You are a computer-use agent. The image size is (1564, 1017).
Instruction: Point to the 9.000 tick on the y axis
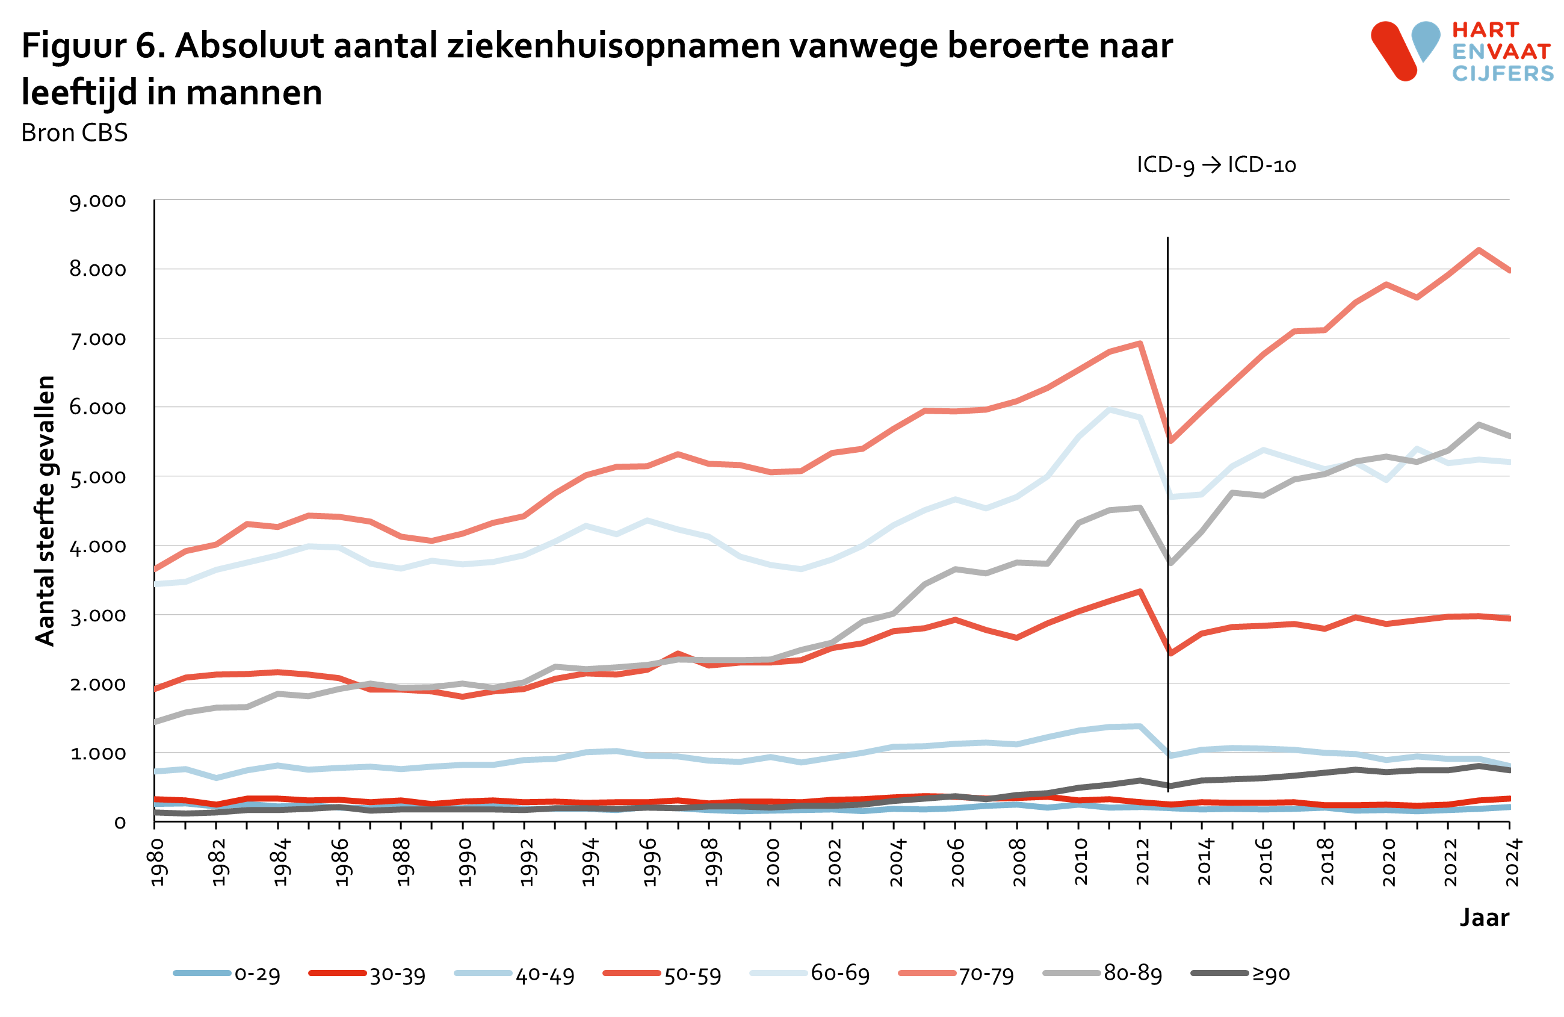click(x=98, y=201)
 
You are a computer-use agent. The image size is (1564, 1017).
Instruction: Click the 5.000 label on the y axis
click(x=98, y=477)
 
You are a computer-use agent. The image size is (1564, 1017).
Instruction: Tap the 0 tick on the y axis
click(x=120, y=823)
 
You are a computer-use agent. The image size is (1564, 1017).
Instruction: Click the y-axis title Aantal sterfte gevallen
click(x=45, y=511)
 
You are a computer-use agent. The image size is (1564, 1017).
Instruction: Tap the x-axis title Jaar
click(x=1485, y=917)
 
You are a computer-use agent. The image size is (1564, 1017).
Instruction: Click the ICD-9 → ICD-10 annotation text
click(x=1216, y=164)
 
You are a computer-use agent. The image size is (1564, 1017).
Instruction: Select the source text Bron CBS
click(x=74, y=133)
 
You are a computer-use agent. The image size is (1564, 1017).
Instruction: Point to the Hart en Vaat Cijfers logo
click(x=1462, y=51)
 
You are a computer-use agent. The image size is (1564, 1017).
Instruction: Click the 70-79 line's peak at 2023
click(x=1479, y=250)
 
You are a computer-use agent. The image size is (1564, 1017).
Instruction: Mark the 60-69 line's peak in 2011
click(x=1109, y=410)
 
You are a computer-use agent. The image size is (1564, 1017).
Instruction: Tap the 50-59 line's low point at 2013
click(x=1170, y=653)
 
